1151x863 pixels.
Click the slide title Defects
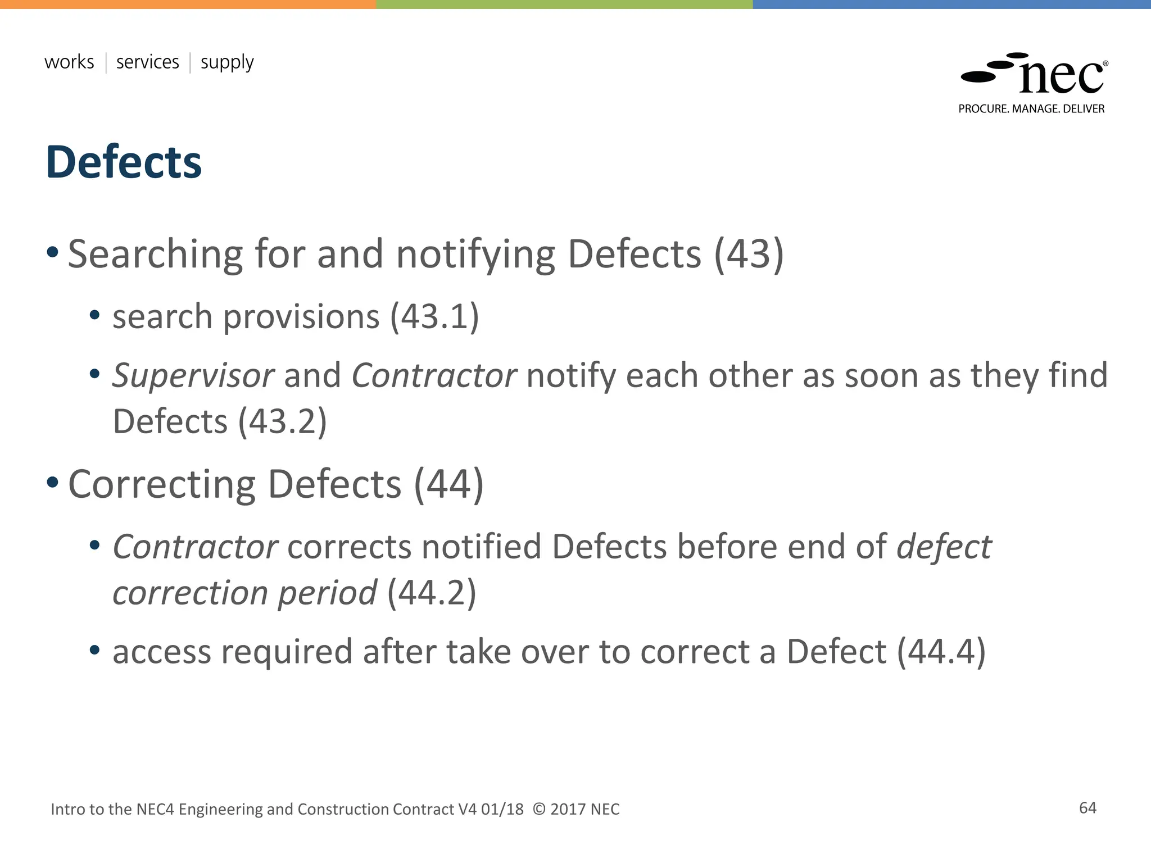tap(124, 162)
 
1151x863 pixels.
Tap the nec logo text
tap(1061, 78)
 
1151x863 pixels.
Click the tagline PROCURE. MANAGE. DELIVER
tap(1031, 109)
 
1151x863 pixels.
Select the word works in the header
tap(69, 62)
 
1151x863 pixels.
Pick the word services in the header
tap(147, 62)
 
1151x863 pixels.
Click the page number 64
tap(1087, 808)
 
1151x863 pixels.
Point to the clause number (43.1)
tap(434, 316)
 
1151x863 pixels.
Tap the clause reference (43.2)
tap(282, 421)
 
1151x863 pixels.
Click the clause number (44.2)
tap(432, 593)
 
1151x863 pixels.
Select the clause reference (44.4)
tap(941, 652)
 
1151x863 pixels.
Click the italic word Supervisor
tap(193, 375)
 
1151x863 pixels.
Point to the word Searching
tap(155, 255)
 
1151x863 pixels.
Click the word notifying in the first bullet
tap(475, 255)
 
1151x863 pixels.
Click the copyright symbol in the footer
tap(538, 809)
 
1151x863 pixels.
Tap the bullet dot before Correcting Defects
tap(52, 482)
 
